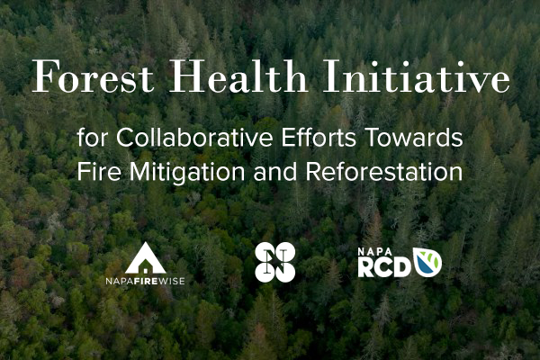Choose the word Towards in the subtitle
pos(379,139)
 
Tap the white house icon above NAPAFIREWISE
pos(145,257)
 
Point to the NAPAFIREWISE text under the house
pos(145,281)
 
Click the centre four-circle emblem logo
pos(274,262)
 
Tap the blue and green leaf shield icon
pos(427,261)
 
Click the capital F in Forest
pos(42,81)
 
